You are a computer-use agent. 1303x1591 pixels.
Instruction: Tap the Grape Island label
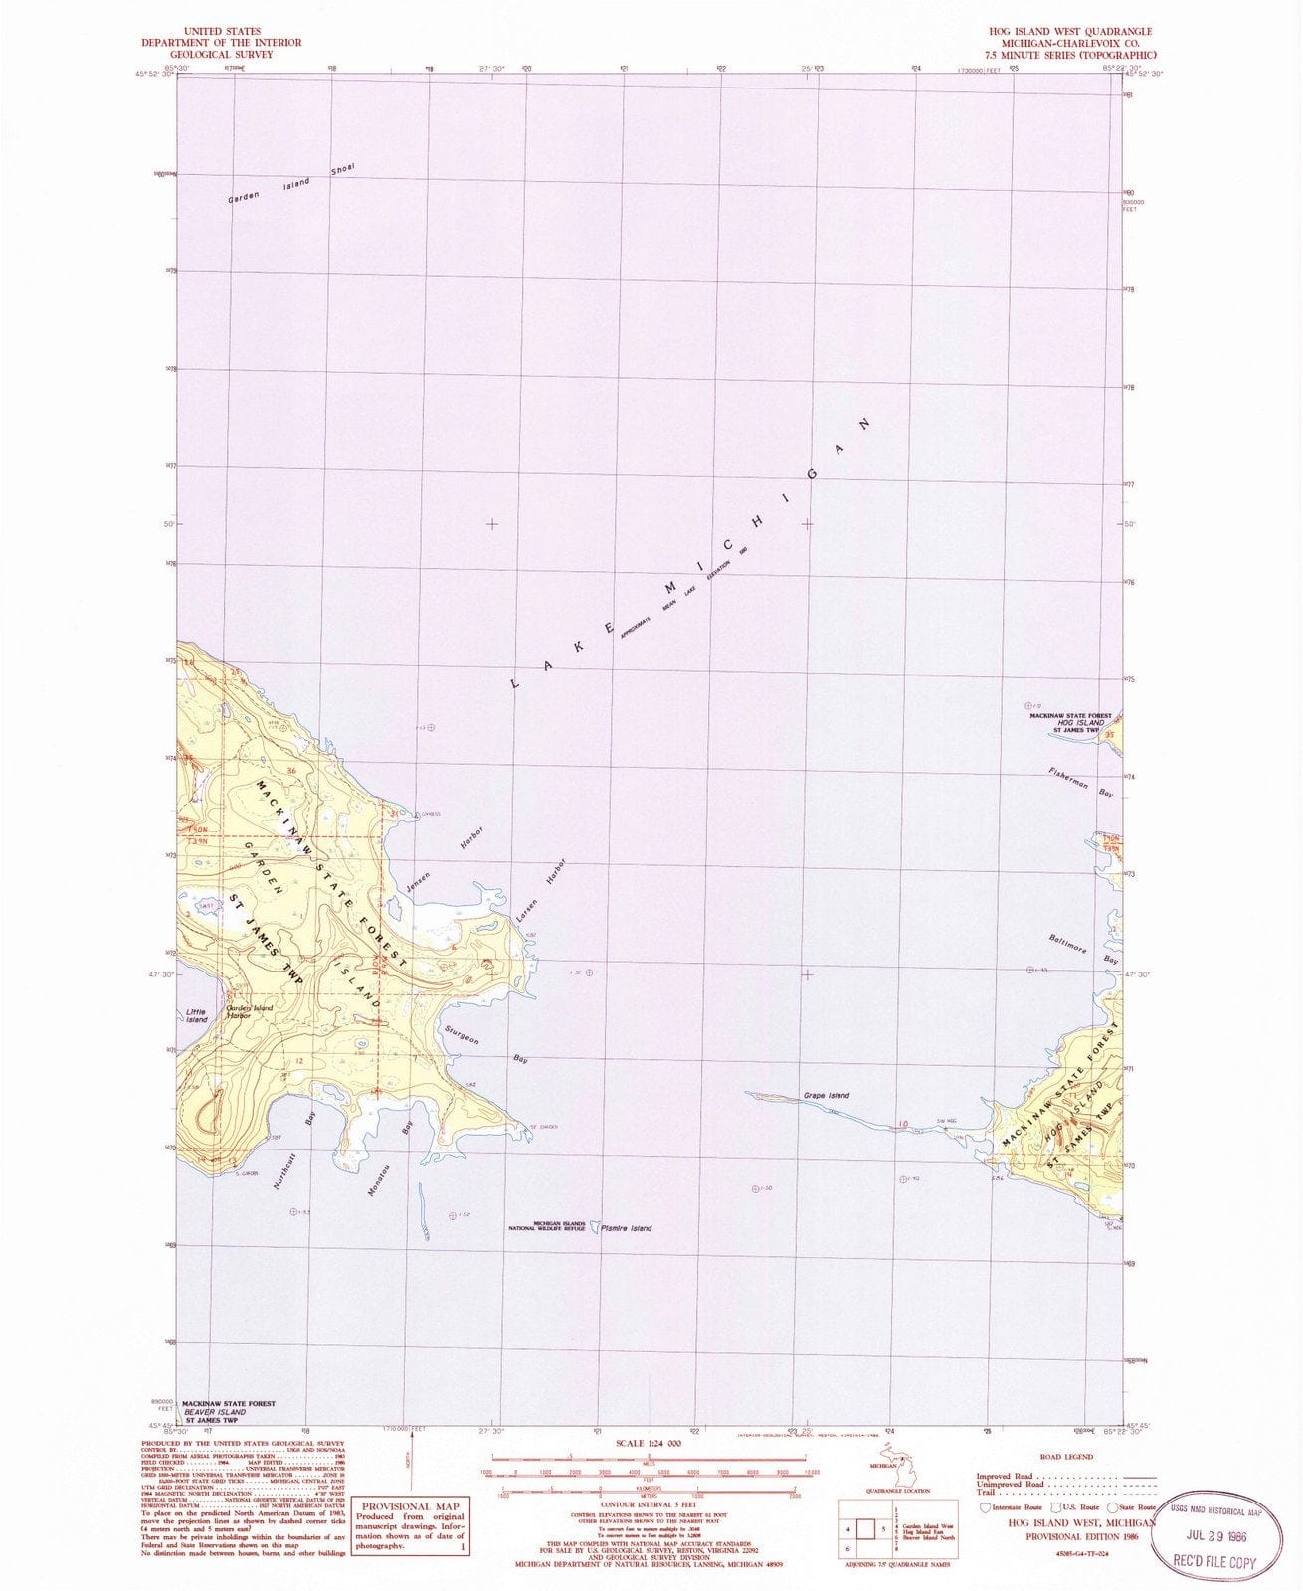tap(827, 1096)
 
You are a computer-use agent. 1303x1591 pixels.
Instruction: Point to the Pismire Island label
tap(627, 1229)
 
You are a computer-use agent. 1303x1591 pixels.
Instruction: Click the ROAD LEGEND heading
tap(1064, 1456)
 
